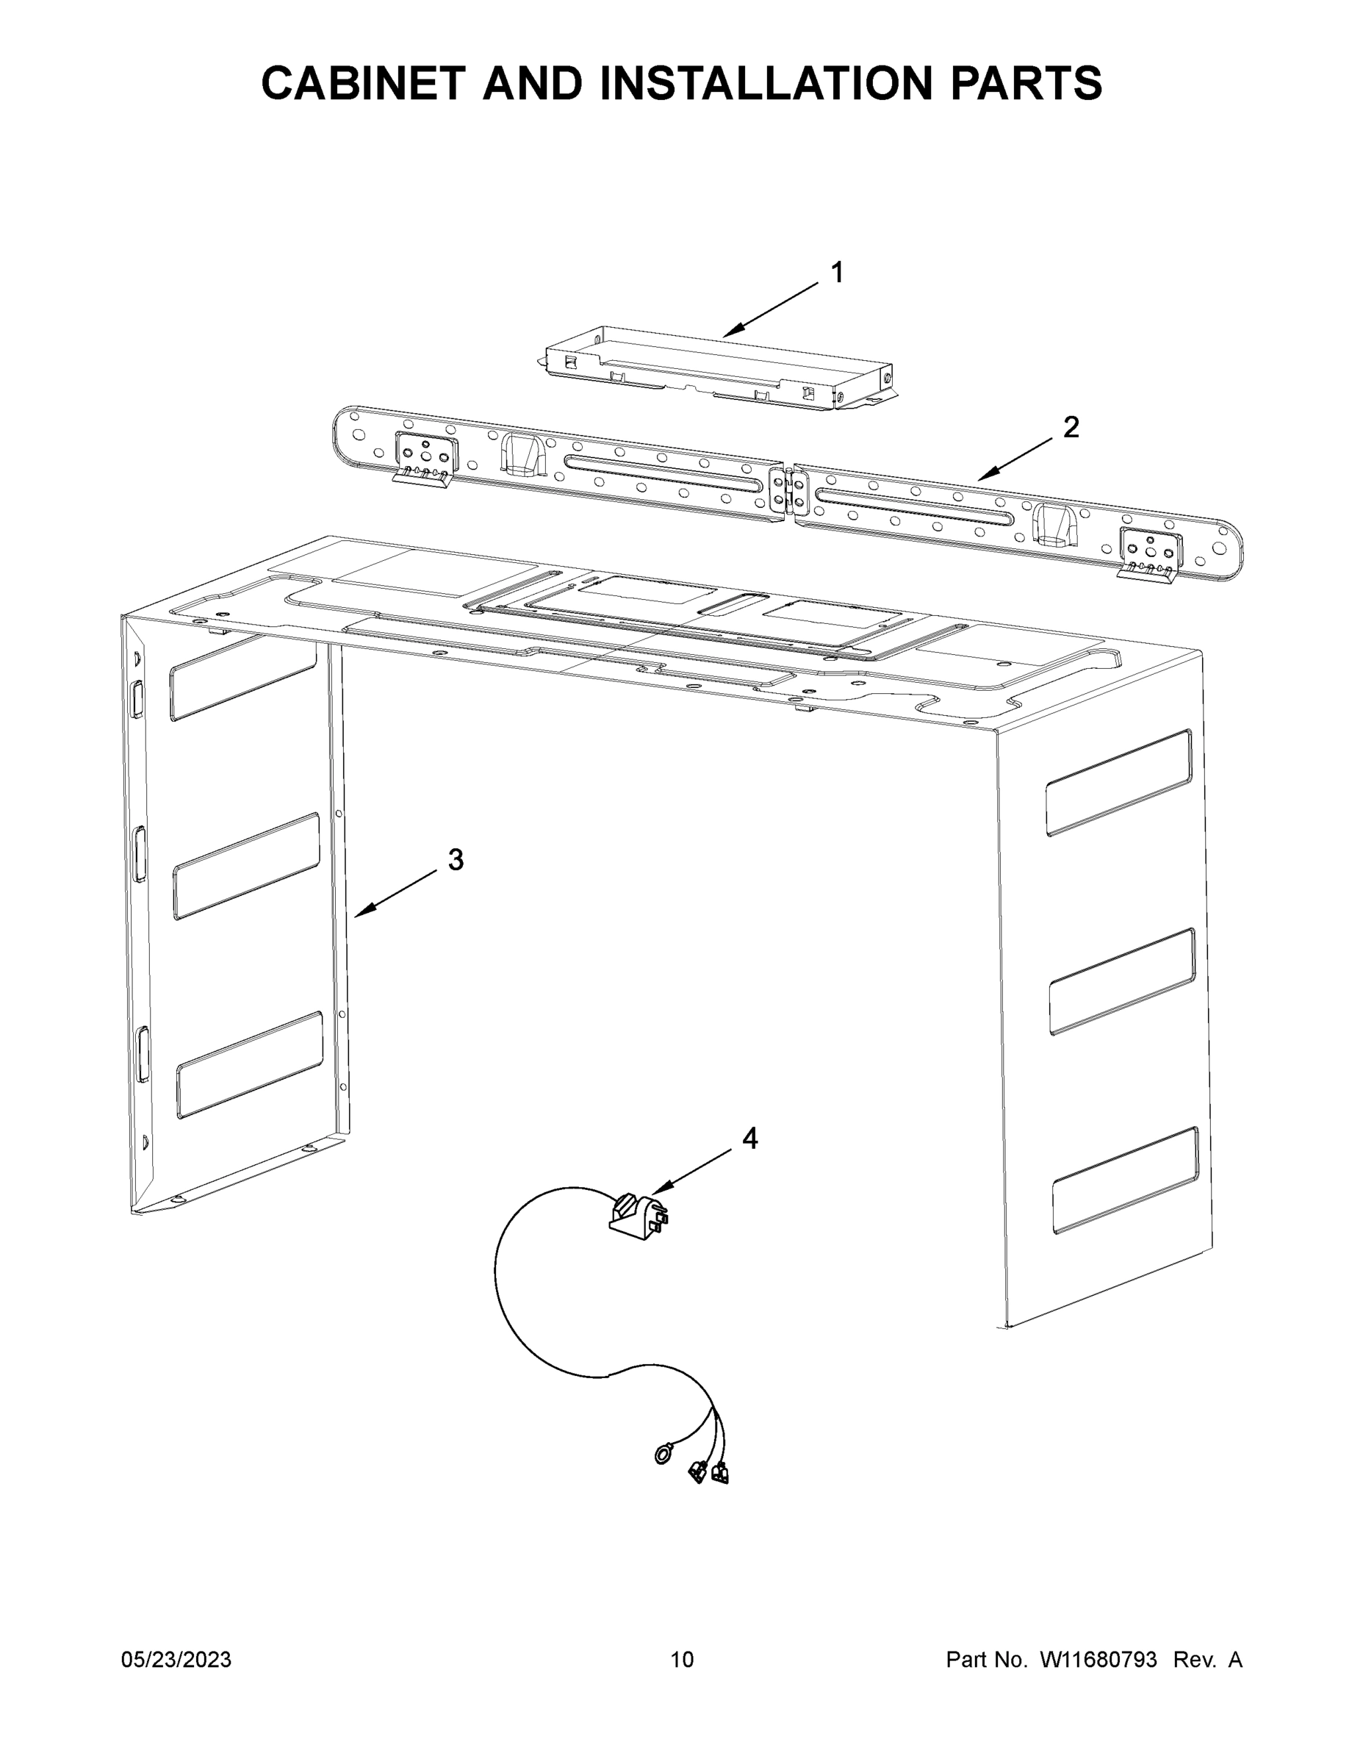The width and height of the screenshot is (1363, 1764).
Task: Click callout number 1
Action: tap(838, 273)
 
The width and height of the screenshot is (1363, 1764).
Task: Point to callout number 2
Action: tap(1071, 427)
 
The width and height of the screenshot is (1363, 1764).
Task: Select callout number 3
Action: tap(456, 860)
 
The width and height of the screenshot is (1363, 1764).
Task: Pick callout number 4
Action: tap(749, 1139)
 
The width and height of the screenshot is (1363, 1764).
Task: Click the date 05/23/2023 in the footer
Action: tap(176, 1659)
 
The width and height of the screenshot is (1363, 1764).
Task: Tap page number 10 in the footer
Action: tap(682, 1659)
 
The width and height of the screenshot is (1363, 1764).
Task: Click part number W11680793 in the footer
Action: tap(1098, 1659)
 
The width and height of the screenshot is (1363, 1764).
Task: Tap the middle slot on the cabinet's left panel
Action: tap(246, 866)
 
